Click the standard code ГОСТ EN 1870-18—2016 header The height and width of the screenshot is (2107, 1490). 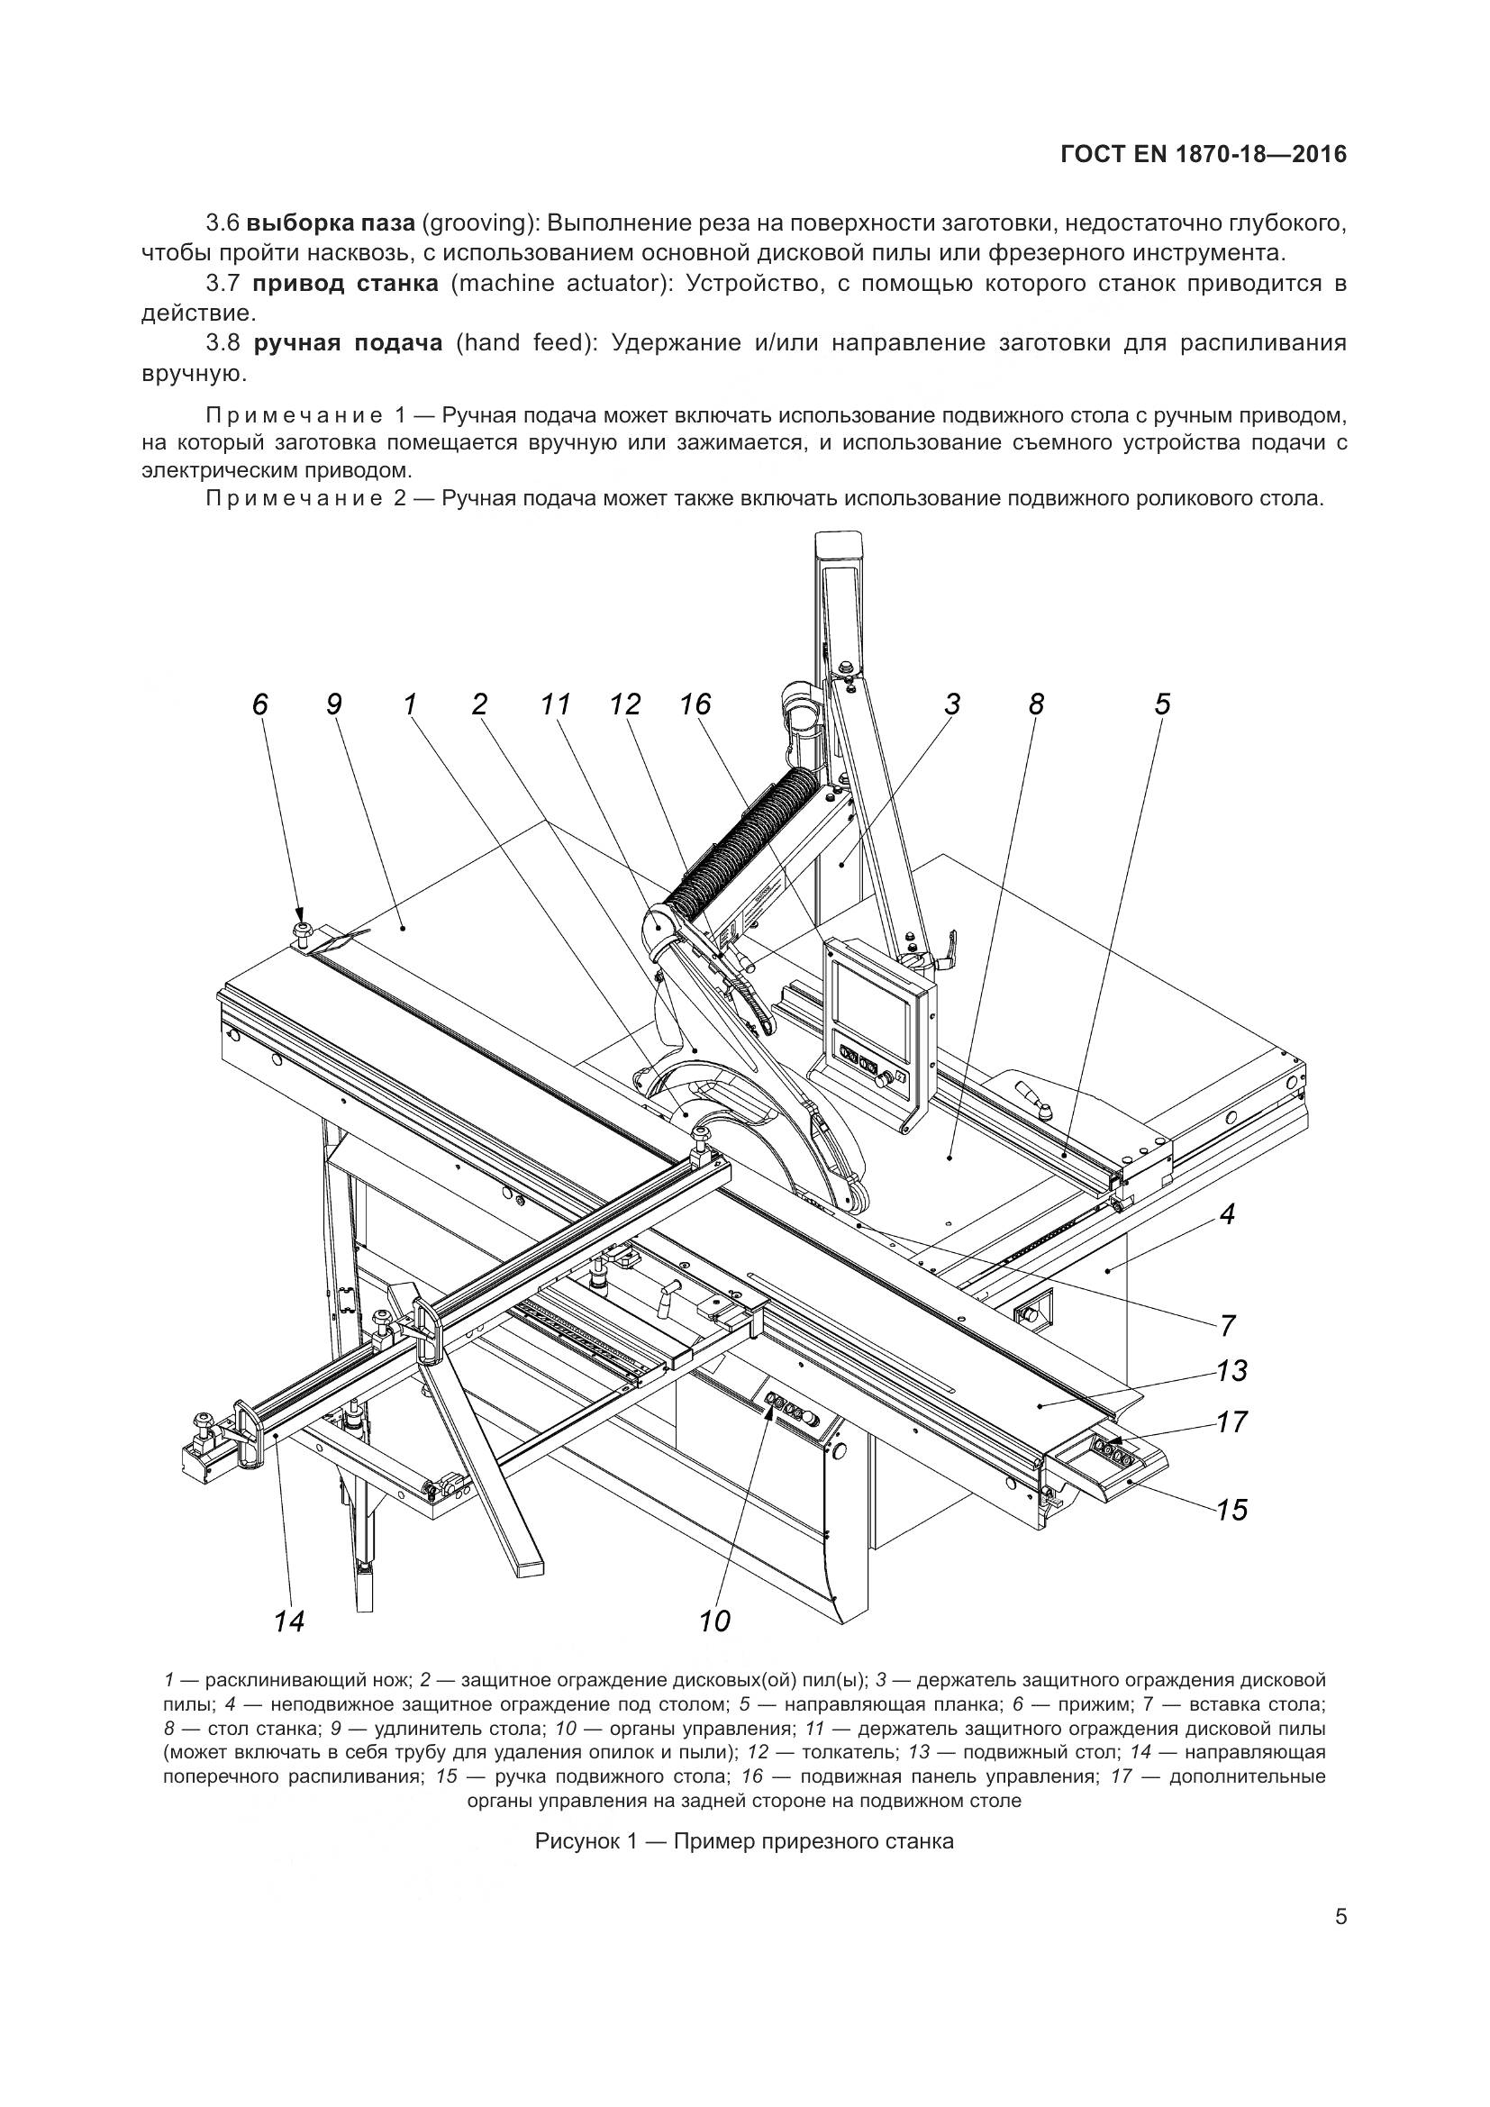pos(1203,154)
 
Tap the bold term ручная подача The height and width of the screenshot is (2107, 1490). pos(348,343)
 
